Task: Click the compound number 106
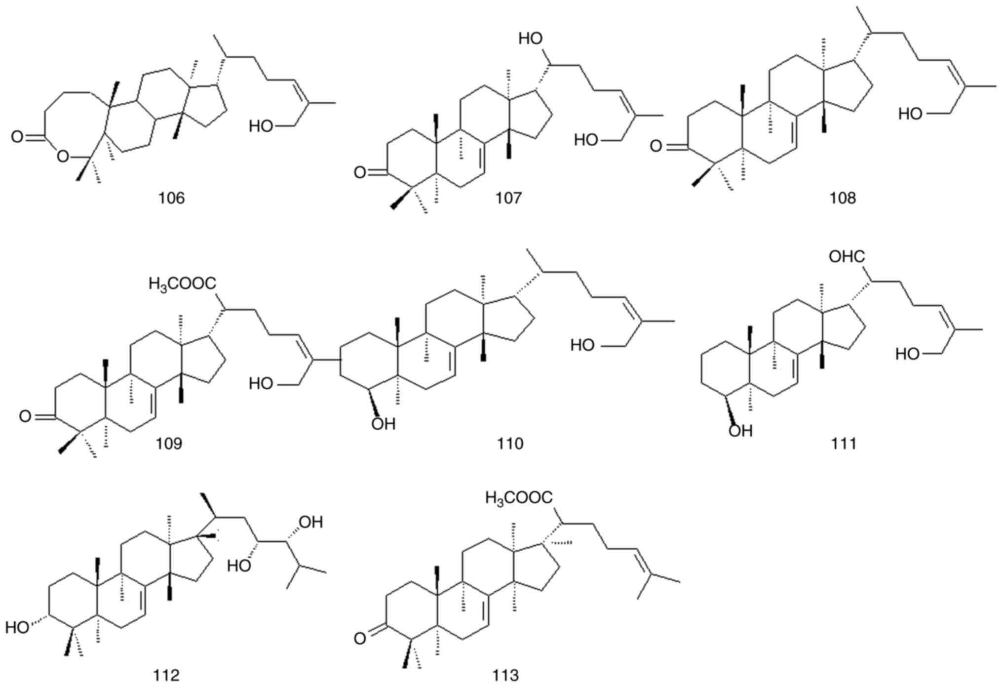[x=171, y=198]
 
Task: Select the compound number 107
[x=508, y=198]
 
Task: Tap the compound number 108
[x=843, y=198]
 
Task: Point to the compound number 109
[x=169, y=443]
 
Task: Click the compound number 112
[x=166, y=675]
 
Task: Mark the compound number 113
[x=505, y=675]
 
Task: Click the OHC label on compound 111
[x=847, y=257]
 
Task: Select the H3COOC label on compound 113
[x=519, y=498]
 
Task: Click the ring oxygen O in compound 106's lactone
[x=62, y=157]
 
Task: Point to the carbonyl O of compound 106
[x=17, y=137]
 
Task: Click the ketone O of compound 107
[x=360, y=172]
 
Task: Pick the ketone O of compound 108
[x=656, y=146]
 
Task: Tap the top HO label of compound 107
[x=531, y=39]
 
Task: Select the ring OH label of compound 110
[x=384, y=424]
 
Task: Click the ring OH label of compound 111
[x=741, y=431]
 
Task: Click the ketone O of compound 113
[x=360, y=639]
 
